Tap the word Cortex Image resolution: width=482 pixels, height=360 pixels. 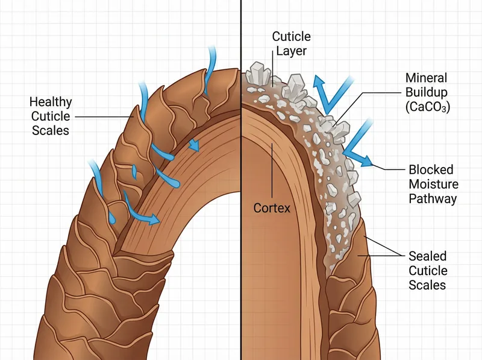pyautogui.click(x=272, y=209)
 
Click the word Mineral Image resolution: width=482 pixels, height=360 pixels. pyautogui.click(x=427, y=78)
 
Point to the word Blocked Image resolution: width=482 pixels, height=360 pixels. pyautogui.click(x=430, y=170)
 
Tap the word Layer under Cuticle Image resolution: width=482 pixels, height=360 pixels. pyautogui.click(x=290, y=51)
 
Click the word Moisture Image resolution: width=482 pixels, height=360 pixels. pyautogui.click(x=433, y=184)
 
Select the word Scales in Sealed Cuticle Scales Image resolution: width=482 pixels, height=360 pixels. pyautogui.click(x=427, y=285)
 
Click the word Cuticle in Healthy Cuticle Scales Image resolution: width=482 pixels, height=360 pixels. pyautogui.click(x=50, y=116)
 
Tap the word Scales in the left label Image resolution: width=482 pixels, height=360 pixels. pyautogui.click(x=50, y=130)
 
